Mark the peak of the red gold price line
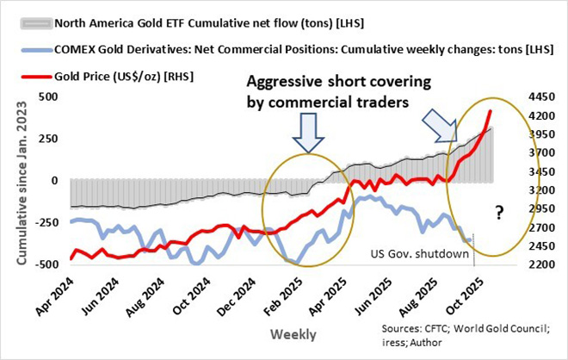490,111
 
